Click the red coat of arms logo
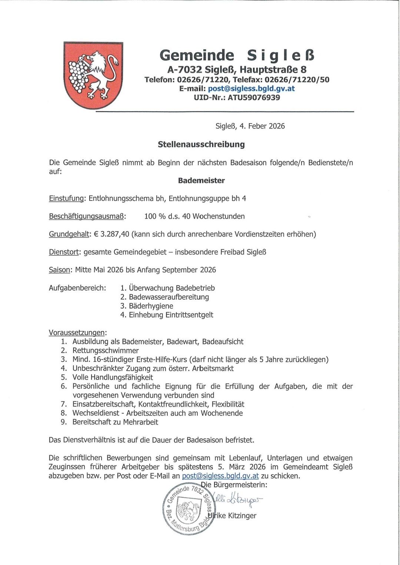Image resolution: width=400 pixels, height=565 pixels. coord(93,75)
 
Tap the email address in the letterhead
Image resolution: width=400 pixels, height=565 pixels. coord(251,88)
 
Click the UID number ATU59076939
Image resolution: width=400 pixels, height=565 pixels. coord(254,98)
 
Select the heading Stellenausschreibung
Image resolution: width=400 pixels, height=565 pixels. coord(201,144)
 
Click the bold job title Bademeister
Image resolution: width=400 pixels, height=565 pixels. coord(201,181)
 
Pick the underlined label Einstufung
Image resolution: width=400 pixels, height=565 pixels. coord(66,198)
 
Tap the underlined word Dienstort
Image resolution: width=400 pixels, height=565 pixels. coord(64,252)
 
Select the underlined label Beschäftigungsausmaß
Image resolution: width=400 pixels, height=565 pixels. coord(87,216)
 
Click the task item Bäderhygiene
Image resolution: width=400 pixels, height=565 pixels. coord(151,306)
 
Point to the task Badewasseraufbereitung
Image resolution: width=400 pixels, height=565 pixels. coord(169,297)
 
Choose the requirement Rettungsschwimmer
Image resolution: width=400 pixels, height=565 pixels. coord(106,350)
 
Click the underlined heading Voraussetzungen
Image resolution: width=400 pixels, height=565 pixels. coord(77,333)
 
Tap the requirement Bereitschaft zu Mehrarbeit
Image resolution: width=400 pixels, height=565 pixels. coord(115,422)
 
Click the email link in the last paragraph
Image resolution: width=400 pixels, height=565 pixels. coord(220,476)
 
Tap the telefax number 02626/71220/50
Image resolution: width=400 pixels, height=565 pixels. coord(297,80)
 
